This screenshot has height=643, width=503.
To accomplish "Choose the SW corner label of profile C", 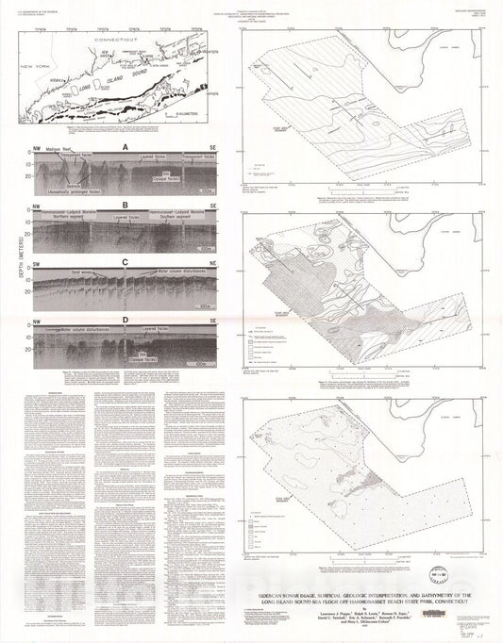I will (36, 262).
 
